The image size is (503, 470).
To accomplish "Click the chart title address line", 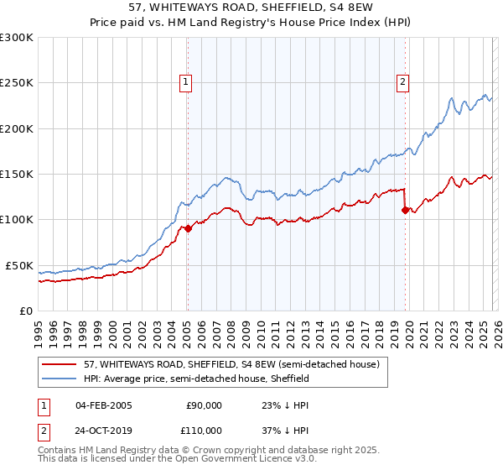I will pos(251,8).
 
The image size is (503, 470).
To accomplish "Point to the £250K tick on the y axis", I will pos(17,83).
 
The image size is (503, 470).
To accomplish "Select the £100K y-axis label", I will pos(17,219).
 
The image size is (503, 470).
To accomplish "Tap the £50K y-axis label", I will pos(19,265).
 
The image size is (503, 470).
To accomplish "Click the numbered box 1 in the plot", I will pos(185,81).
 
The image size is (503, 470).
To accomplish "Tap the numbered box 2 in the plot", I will pos(403,81).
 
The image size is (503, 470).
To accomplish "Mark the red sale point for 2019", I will pos(406,211).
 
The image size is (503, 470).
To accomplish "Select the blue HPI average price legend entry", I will pos(196,379).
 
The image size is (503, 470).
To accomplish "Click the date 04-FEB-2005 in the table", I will pos(103,405).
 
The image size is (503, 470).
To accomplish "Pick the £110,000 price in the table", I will pos(204,430).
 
